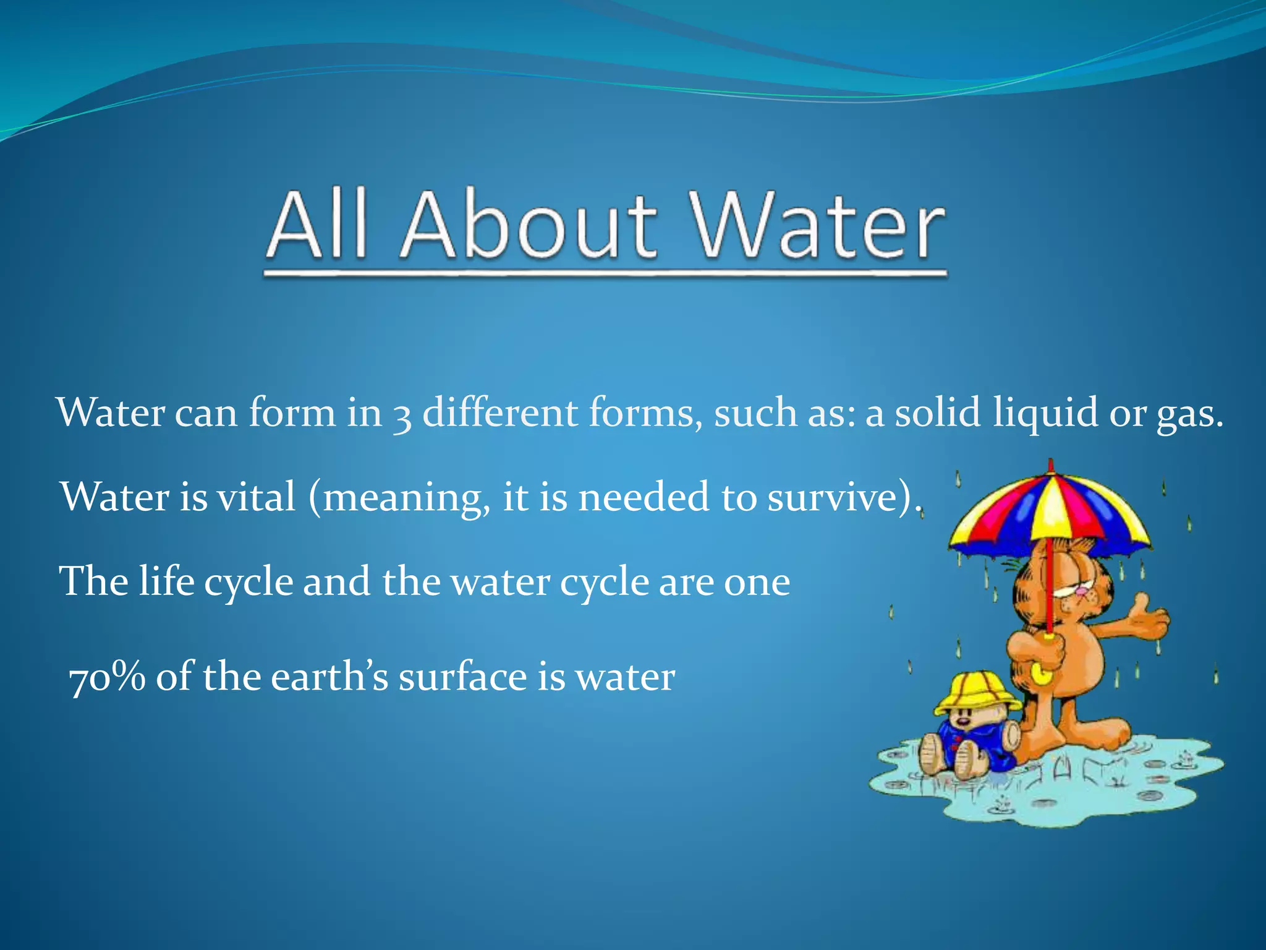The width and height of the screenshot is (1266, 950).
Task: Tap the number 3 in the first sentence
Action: [402, 416]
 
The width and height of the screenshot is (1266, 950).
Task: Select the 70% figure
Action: [107, 677]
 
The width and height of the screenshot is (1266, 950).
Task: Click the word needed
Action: [644, 497]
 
